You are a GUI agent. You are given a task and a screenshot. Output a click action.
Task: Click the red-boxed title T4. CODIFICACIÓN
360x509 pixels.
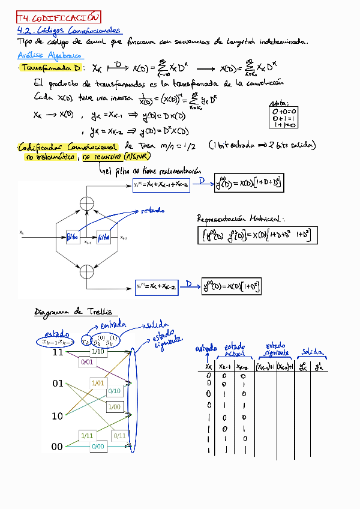58,17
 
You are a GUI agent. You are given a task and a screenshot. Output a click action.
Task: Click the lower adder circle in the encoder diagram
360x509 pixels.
88,272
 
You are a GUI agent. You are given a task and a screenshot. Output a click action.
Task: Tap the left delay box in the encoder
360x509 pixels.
71,236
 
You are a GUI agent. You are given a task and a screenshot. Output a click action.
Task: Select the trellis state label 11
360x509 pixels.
58,352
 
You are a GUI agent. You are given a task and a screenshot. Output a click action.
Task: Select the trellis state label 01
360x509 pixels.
58,384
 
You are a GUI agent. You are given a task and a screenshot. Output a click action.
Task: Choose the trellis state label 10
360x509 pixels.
58,415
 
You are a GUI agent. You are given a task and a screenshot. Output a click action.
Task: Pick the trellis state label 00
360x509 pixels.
58,447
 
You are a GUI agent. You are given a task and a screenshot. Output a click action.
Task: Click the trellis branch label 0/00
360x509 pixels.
98,447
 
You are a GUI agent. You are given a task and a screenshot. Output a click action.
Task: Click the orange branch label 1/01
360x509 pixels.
97,382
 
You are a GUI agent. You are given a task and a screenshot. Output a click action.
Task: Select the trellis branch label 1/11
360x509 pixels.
86,435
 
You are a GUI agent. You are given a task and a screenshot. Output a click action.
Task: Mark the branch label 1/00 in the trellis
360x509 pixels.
113,407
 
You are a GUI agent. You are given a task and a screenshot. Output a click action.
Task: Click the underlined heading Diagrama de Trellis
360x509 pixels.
73,312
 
